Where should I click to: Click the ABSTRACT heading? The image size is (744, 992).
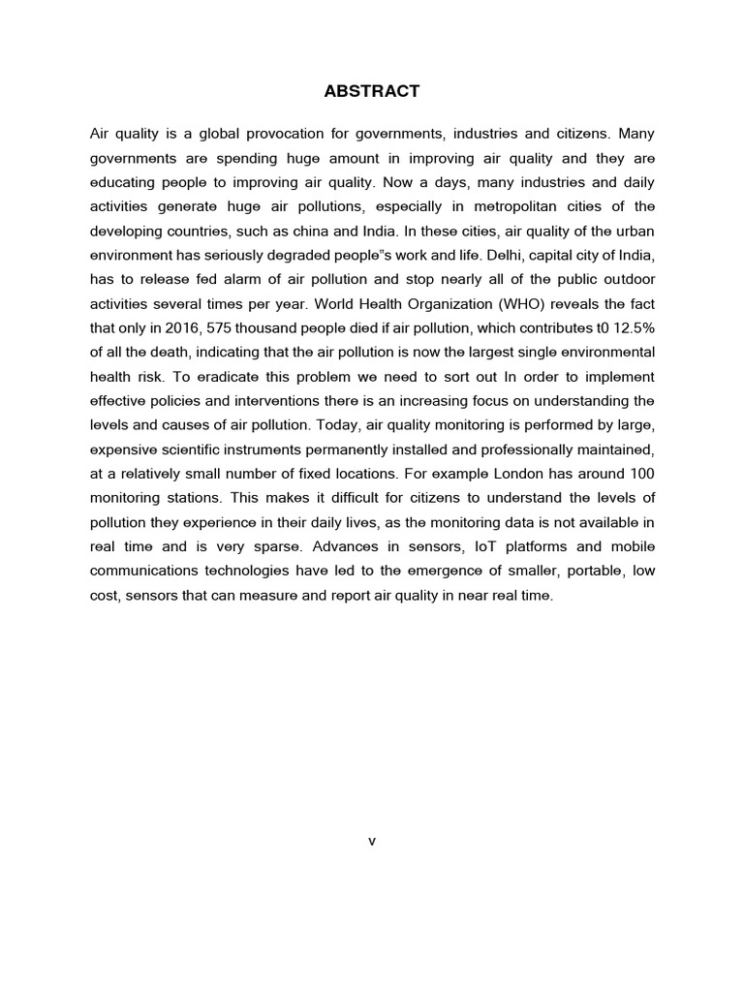[371, 91]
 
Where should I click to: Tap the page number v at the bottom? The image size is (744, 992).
[371, 841]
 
